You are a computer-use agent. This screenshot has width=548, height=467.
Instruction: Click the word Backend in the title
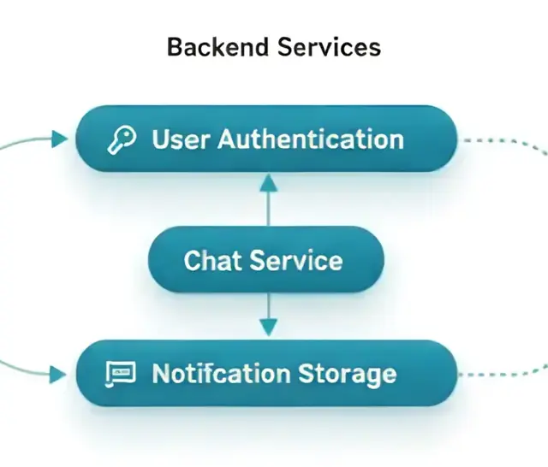[217, 47]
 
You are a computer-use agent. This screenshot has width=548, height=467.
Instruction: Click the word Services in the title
[329, 47]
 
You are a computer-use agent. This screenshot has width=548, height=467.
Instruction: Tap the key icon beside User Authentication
[122, 140]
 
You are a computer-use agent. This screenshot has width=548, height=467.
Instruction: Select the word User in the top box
[181, 139]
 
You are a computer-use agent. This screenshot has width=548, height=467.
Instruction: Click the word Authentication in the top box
[311, 139]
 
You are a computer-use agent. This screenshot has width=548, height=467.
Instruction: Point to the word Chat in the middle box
[212, 260]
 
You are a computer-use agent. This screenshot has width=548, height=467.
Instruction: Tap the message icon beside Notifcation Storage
[120, 374]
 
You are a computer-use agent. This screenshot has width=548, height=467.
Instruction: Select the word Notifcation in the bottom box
[221, 374]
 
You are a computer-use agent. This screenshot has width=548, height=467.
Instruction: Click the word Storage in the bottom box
[348, 375]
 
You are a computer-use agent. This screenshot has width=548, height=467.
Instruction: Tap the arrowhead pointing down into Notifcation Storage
[268, 327]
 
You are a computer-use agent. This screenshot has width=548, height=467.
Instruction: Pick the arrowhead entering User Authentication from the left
[59, 139]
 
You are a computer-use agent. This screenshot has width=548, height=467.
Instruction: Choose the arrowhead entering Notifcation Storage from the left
[57, 375]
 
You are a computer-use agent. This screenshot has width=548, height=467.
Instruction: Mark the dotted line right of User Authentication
[505, 144]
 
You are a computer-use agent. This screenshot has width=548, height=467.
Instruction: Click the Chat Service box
[266, 259]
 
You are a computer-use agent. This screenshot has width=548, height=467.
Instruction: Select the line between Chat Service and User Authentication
[268, 209]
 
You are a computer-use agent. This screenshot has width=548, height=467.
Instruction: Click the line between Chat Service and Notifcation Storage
[268, 305]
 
